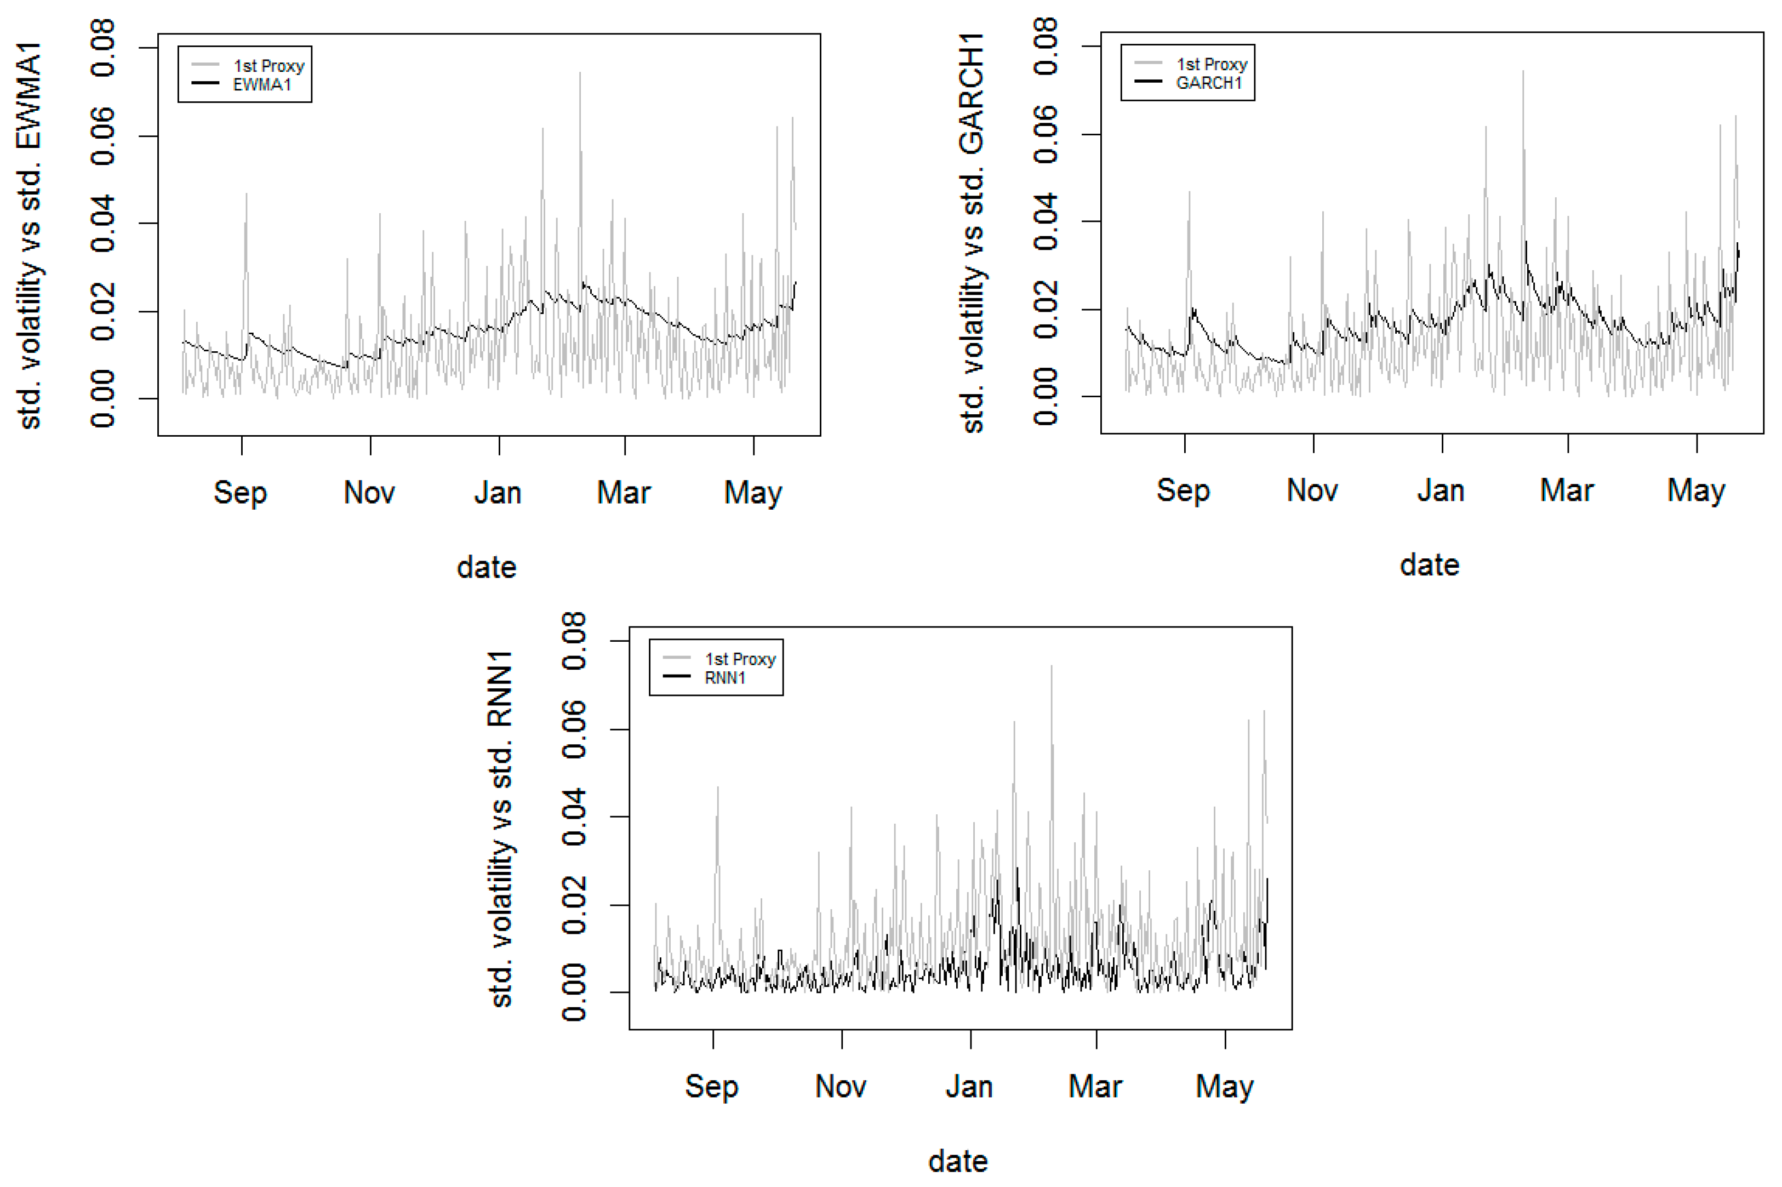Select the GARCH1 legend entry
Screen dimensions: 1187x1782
tap(1208, 83)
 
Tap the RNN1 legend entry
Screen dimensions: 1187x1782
tap(724, 677)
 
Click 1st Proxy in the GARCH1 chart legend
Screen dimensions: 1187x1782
tap(1210, 64)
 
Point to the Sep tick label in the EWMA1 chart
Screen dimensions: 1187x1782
tap(240, 493)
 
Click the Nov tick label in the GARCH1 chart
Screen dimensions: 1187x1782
tap(1311, 490)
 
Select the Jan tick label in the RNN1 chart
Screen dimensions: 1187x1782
tap(968, 1086)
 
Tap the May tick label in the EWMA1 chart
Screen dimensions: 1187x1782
tap(752, 493)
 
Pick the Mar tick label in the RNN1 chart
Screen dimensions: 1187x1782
tap(1095, 1086)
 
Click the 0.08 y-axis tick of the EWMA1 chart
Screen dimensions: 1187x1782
tap(103, 48)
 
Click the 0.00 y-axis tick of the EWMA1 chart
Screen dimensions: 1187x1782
tap(103, 398)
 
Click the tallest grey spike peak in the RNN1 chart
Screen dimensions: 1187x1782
tap(1050, 667)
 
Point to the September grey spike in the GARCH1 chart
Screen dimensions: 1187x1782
tap(1189, 193)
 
